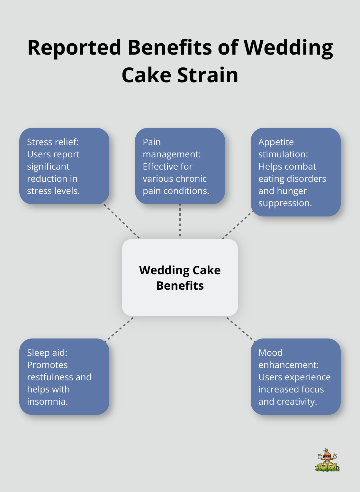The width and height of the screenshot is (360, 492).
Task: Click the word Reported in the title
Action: tap(74, 48)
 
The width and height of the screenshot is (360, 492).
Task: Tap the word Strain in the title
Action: tap(208, 75)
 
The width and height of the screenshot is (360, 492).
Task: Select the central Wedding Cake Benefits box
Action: tap(180, 277)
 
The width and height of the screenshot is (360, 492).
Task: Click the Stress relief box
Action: tap(64, 166)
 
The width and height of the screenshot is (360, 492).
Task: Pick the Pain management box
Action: tap(180, 166)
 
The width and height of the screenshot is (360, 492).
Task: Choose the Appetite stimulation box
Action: tap(295, 172)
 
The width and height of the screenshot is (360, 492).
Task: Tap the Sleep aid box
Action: tap(64, 377)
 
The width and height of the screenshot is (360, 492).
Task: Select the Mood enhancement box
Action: tap(295, 377)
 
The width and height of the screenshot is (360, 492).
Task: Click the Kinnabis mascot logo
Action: tap(327, 460)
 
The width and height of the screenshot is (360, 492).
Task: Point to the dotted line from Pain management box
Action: tap(180, 221)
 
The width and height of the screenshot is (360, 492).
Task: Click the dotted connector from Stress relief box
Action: tap(122, 221)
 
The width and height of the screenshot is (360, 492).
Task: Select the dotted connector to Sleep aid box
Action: tap(120, 328)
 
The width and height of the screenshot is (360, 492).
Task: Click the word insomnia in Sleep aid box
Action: tap(47, 401)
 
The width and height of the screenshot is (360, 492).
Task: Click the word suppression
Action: tap(285, 203)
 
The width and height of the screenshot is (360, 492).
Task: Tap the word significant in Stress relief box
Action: tap(48, 166)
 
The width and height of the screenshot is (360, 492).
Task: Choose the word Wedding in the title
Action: tap(288, 48)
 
